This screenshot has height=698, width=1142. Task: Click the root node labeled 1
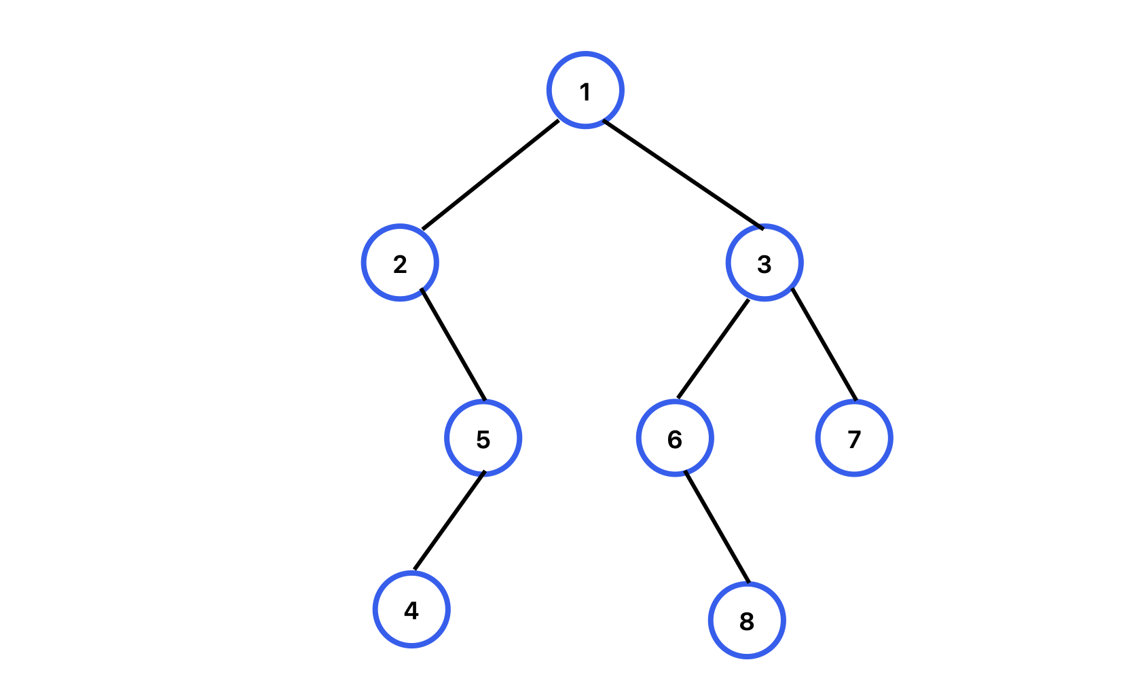coord(585,90)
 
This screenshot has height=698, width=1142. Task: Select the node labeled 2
coord(400,263)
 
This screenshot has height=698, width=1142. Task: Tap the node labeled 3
coord(765,263)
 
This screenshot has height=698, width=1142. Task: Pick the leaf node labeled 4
coord(411,609)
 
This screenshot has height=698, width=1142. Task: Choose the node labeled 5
coord(483,438)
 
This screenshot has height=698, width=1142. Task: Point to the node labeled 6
coord(675,438)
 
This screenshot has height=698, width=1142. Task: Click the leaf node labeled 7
coord(854,438)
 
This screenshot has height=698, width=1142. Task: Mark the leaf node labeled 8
coord(747,621)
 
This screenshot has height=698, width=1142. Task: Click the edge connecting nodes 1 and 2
coord(490,175)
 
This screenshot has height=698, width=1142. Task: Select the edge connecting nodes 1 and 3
coord(683,175)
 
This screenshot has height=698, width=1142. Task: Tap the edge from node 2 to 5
coord(453,345)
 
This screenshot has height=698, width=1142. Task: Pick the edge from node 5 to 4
coord(449,520)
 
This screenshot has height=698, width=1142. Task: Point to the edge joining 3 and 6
coord(713,349)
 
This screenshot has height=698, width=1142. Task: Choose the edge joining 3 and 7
coord(824,345)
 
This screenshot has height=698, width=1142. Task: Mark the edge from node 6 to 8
coord(717,527)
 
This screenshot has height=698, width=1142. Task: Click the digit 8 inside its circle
coord(747,621)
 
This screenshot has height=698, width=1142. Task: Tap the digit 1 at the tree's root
coord(585,92)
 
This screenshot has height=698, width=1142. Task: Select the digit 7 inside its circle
coord(854,439)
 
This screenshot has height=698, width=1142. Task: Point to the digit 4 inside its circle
coord(411,610)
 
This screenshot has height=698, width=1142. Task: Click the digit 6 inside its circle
coord(675,439)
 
